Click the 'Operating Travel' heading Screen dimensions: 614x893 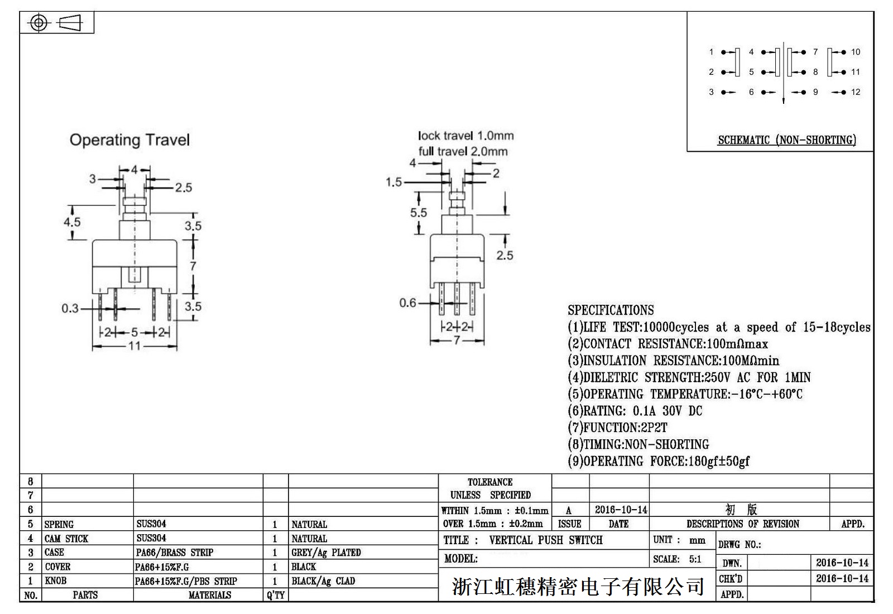[129, 140]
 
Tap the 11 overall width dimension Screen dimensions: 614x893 [135, 346]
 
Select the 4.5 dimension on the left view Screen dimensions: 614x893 [72, 222]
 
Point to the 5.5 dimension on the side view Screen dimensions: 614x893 [419, 213]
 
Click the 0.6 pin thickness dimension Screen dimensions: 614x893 [407, 303]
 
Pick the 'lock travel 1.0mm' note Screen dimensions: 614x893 [465, 136]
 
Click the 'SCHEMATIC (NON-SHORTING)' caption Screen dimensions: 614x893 [786, 140]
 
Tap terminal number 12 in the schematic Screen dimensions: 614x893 [856, 92]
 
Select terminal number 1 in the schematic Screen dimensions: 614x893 [711, 52]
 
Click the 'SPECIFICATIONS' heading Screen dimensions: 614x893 [611, 310]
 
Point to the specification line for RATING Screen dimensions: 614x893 [635, 411]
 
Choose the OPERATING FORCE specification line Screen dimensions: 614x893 [659, 462]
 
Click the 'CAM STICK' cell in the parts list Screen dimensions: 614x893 [66, 539]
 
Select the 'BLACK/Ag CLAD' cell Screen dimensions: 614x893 [323, 581]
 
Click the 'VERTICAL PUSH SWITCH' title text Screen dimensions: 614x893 [545, 540]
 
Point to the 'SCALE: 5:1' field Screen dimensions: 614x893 [677, 559]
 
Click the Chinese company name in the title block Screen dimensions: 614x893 [578, 586]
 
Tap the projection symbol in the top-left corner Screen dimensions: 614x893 [57, 23]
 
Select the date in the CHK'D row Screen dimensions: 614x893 [842, 579]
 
